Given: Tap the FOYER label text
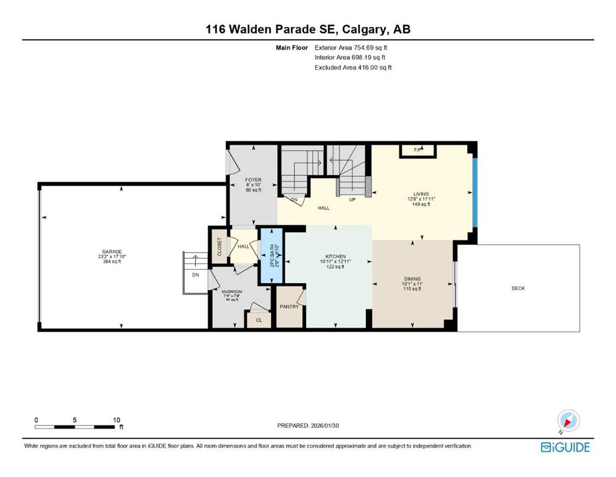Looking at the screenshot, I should click(x=253, y=179).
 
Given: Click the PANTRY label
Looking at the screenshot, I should click(x=289, y=307).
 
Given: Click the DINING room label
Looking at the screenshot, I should click(x=412, y=279).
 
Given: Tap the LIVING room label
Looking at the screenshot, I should click(x=422, y=194).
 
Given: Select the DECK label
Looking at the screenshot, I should click(x=518, y=288).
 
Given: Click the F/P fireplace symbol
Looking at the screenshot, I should click(x=418, y=150).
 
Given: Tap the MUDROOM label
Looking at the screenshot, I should click(x=233, y=291).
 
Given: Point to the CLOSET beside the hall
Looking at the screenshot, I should click(x=219, y=247).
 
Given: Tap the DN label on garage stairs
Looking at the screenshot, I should click(x=195, y=275).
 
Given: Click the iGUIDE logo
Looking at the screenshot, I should click(x=565, y=447).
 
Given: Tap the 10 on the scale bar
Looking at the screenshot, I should click(x=117, y=420).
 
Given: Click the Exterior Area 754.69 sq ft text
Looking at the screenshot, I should click(x=354, y=47).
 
